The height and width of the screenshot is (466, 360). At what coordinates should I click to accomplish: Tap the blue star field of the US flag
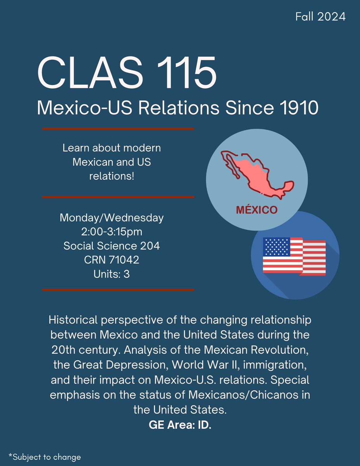277,247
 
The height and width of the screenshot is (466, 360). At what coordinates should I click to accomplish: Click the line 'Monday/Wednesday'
112,218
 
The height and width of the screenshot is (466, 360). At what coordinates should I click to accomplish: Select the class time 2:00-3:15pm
112,232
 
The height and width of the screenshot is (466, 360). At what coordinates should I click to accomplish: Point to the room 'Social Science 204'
112,246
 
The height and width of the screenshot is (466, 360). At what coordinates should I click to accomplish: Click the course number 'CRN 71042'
112,260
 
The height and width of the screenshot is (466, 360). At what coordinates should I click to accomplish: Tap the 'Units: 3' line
112,274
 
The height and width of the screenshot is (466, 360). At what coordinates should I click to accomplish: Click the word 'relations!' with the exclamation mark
112,176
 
